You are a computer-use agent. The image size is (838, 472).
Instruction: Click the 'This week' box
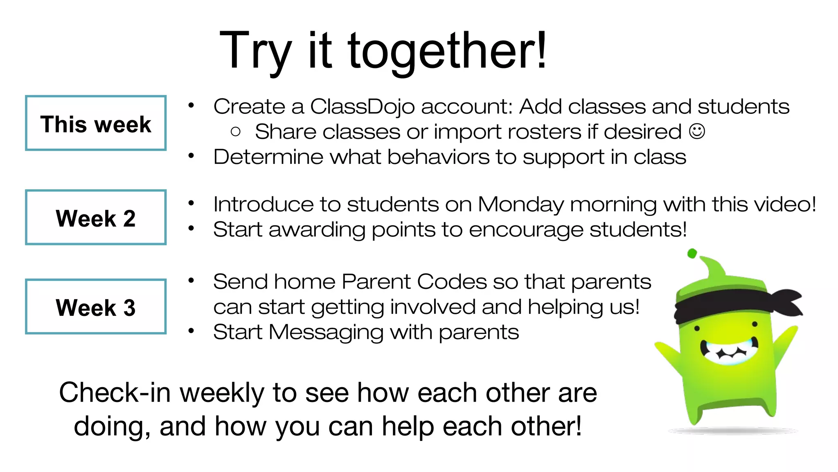(x=96, y=123)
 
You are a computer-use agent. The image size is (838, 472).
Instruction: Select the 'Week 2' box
(x=96, y=217)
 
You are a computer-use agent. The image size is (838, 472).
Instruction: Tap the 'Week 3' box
(x=96, y=306)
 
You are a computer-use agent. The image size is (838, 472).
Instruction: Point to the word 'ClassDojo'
(x=362, y=107)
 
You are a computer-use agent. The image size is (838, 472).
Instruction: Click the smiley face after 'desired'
(x=697, y=132)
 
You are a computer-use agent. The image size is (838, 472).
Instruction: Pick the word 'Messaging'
(x=326, y=332)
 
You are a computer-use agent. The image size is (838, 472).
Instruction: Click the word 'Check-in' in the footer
(x=115, y=393)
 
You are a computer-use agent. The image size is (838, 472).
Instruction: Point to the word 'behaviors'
(x=438, y=157)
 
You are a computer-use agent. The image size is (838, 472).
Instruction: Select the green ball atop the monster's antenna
(x=692, y=254)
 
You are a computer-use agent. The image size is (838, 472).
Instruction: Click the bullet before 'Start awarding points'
(x=191, y=229)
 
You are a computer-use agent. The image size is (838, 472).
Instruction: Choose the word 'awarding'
(x=316, y=229)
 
